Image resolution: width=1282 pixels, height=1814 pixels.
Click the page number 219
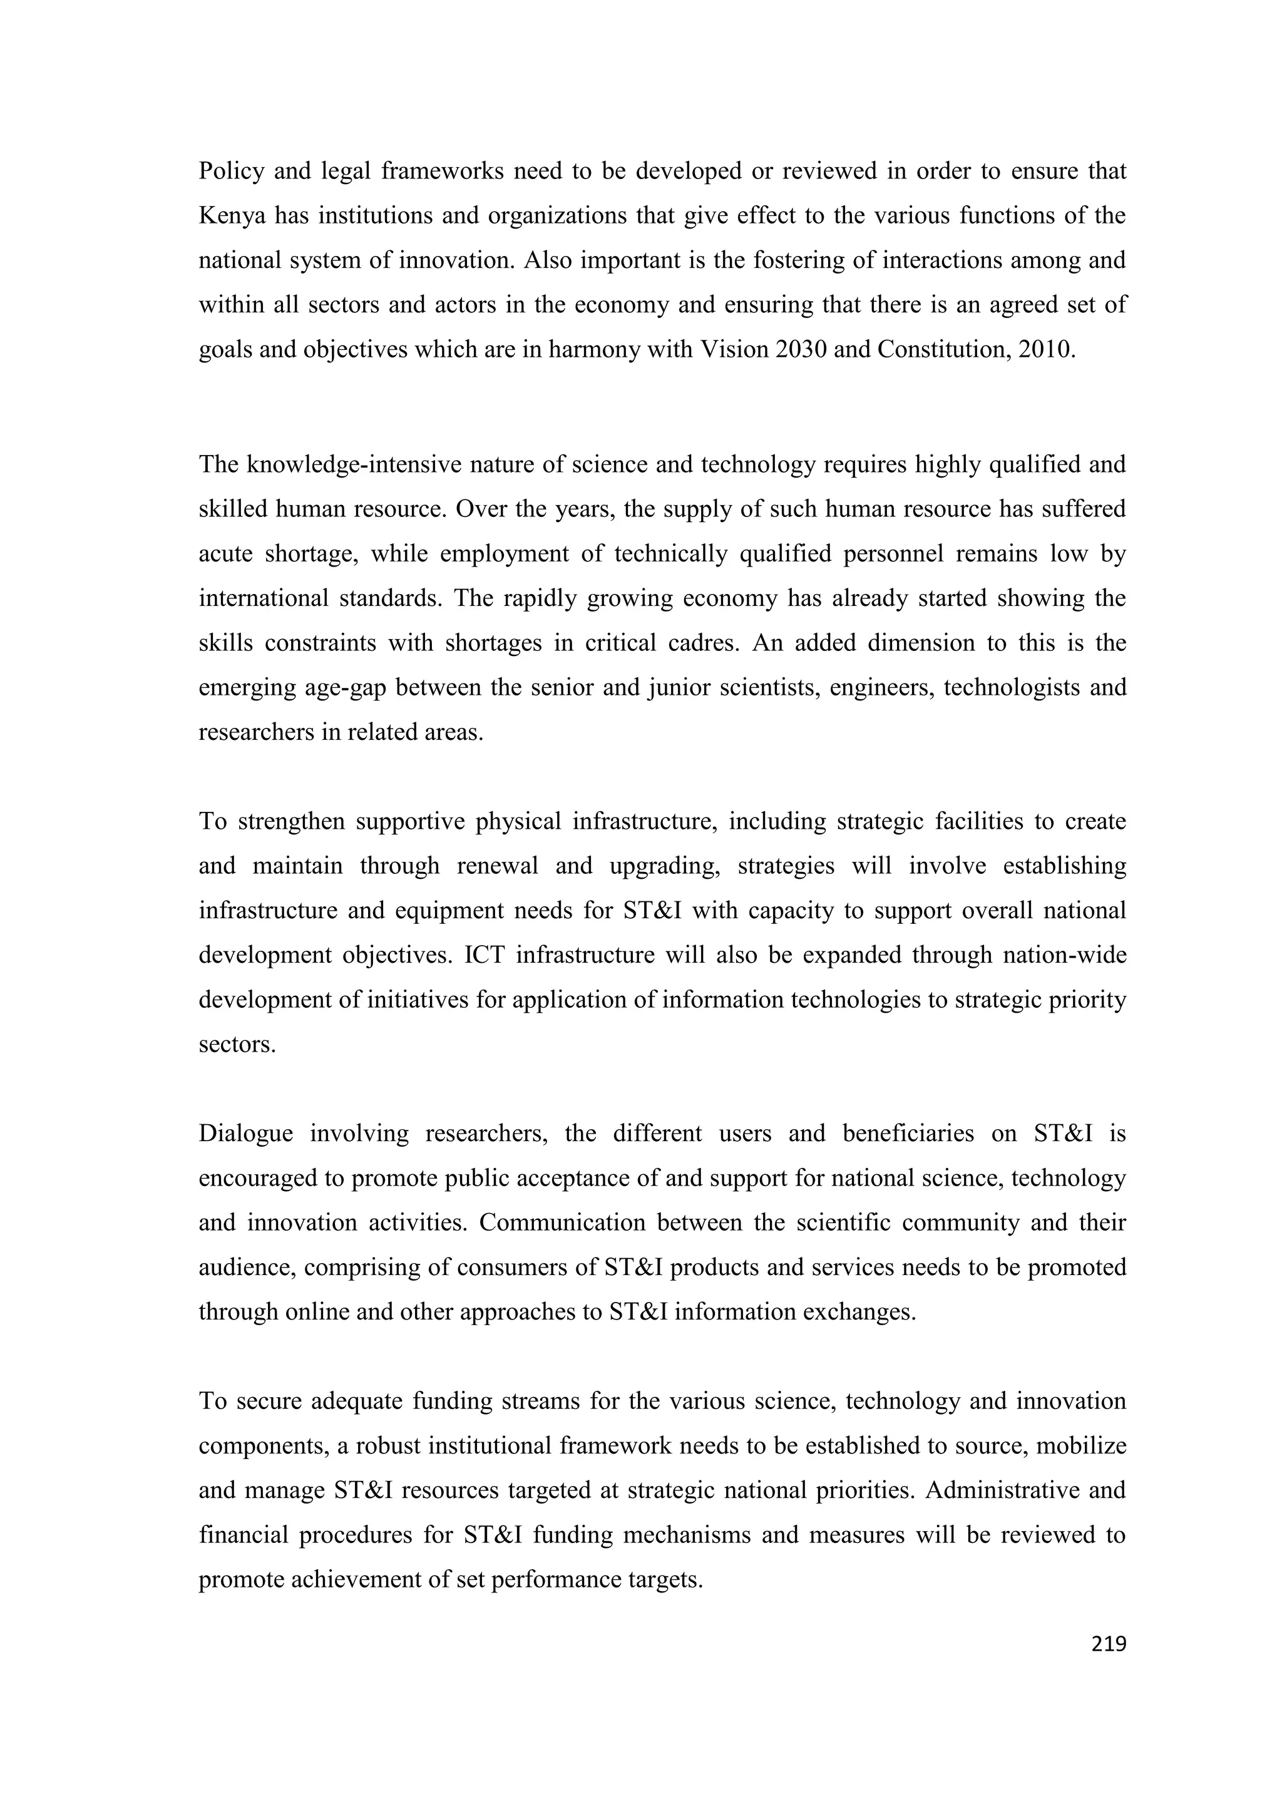1108,1644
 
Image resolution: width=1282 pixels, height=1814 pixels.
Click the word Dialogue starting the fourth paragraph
245,1134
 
